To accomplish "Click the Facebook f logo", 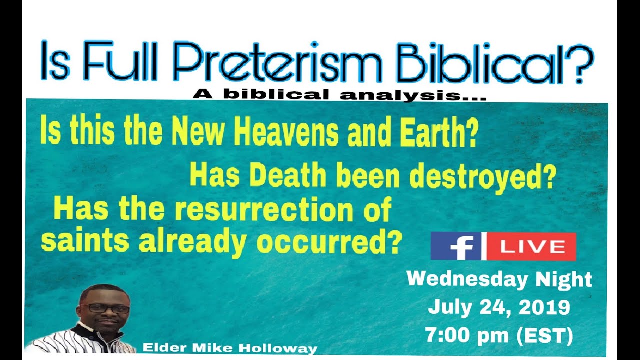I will [x=458, y=246].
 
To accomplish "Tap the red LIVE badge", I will [x=532, y=246].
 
